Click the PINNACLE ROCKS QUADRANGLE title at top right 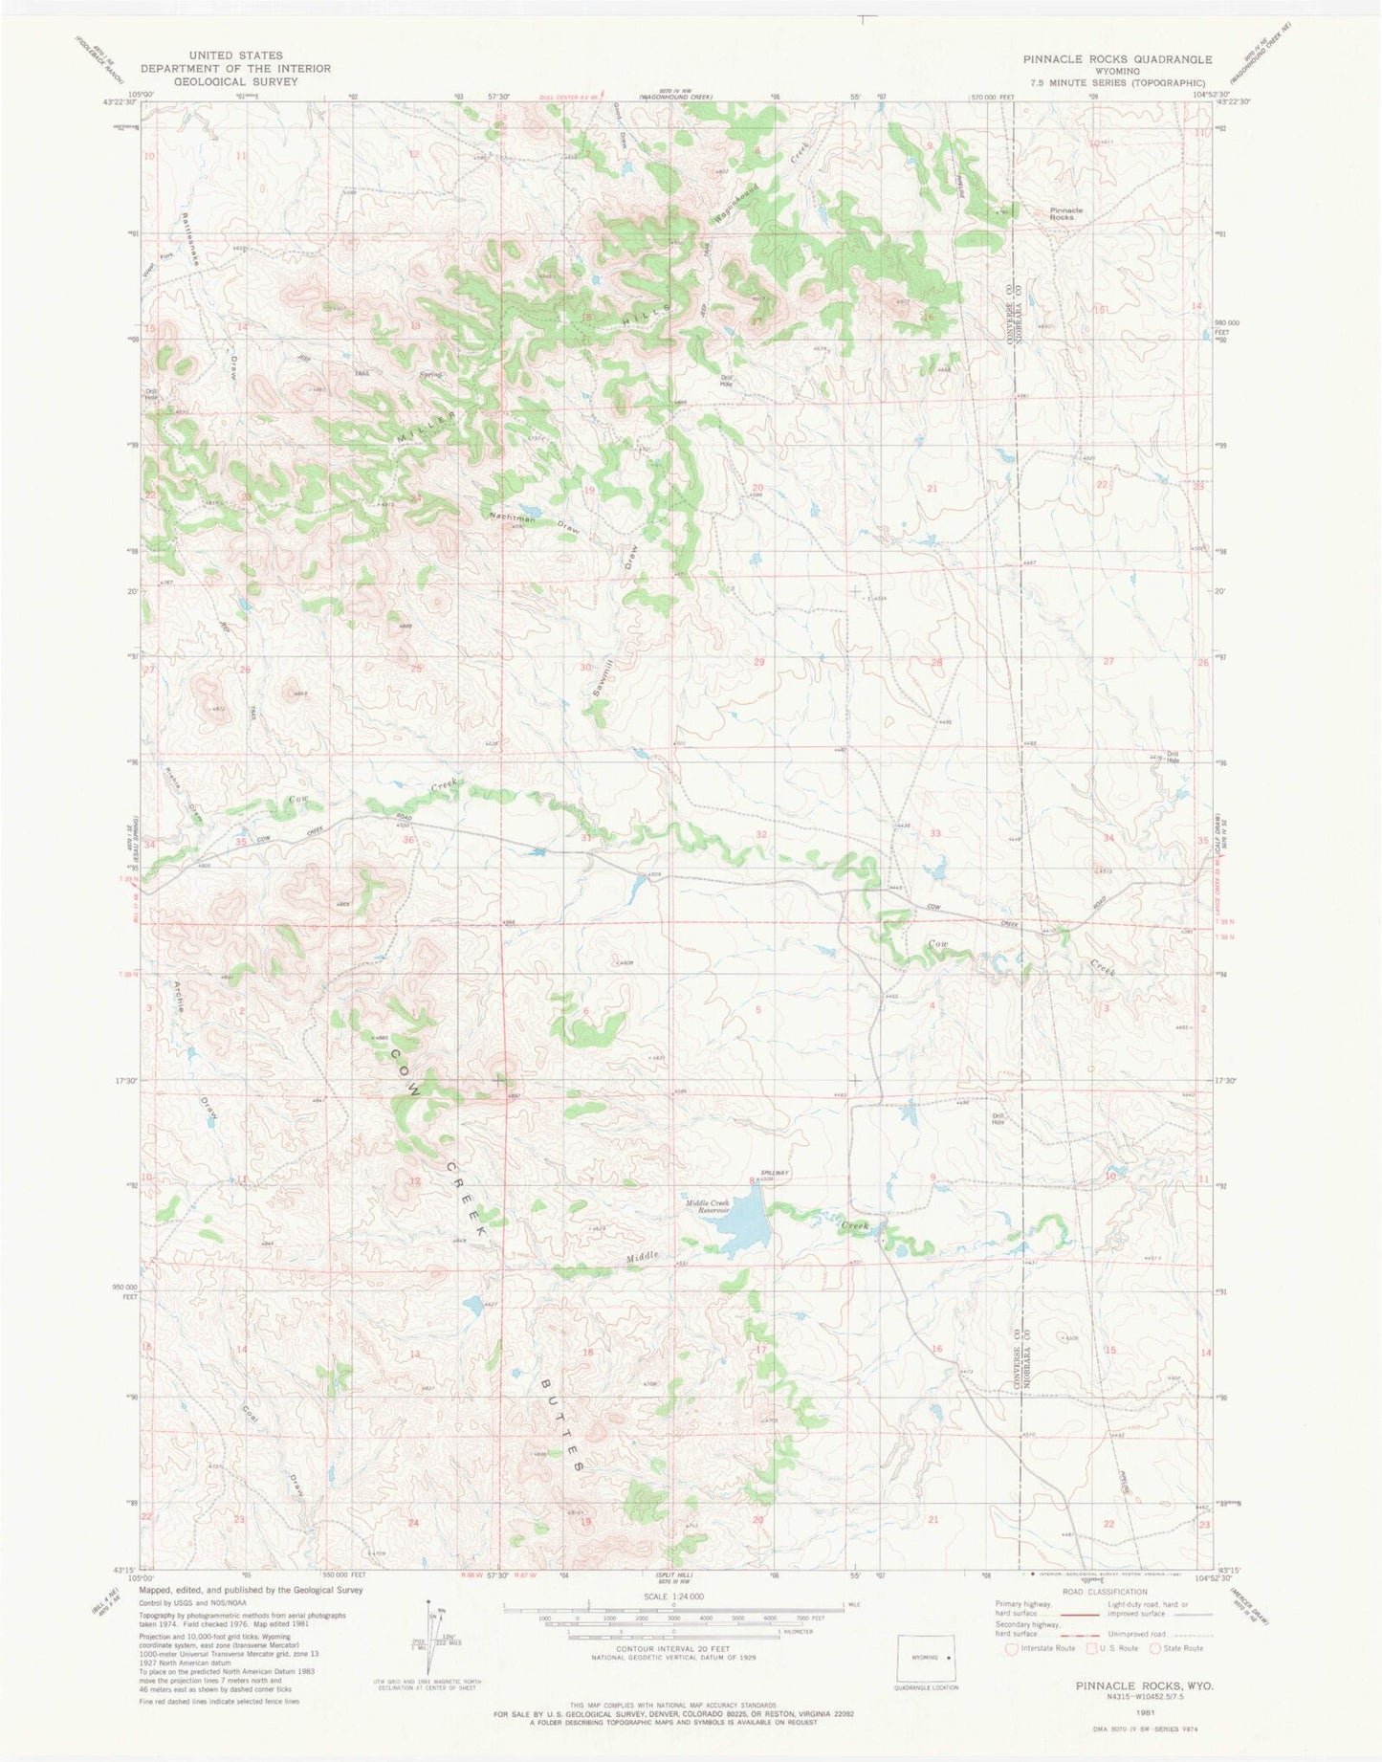click(1117, 59)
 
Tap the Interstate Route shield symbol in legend click(1013, 1648)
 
